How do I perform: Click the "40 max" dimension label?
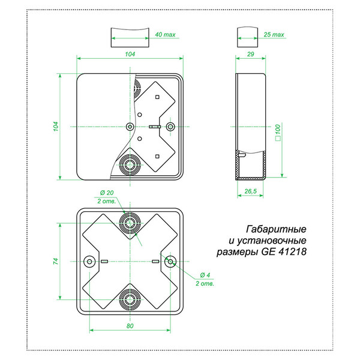165,34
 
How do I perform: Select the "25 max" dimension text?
274,34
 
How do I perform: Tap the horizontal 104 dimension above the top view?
130,54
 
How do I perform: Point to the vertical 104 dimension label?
56,127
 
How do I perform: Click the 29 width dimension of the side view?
250,54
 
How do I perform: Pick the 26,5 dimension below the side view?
250,191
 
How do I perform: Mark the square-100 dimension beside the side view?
278,133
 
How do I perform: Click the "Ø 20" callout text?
107,193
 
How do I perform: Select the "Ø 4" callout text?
205,275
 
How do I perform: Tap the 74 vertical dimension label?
56,261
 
